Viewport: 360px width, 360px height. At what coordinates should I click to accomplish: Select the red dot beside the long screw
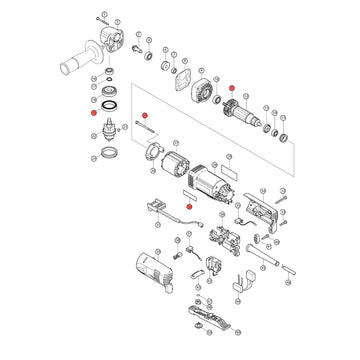(143, 117)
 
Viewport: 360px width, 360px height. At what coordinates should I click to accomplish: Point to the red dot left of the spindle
(93, 115)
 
